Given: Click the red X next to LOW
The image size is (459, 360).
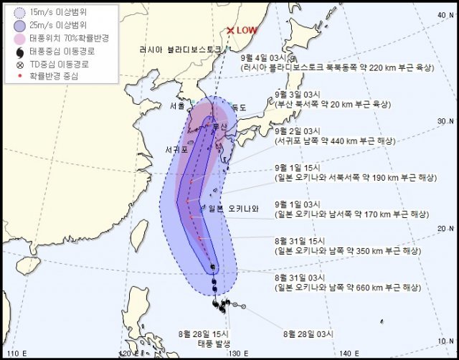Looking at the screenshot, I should point(230,31).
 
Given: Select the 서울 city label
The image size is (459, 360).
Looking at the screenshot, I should point(177,106).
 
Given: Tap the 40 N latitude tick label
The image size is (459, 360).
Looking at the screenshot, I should point(444,14).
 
